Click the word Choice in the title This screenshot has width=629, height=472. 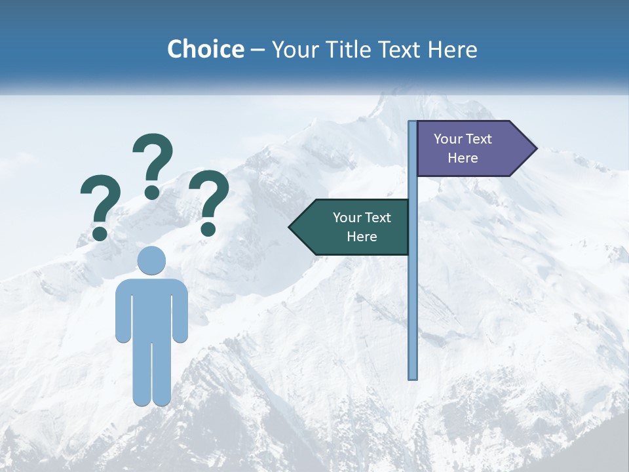click(x=205, y=49)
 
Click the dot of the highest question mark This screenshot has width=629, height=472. click(x=152, y=191)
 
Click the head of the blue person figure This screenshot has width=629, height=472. click(x=151, y=260)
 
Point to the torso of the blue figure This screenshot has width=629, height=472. click(x=151, y=308)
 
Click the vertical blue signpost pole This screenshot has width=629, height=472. click(x=412, y=295)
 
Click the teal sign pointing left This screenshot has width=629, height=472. click(x=354, y=227)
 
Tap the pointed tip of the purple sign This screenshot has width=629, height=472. click(x=535, y=149)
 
